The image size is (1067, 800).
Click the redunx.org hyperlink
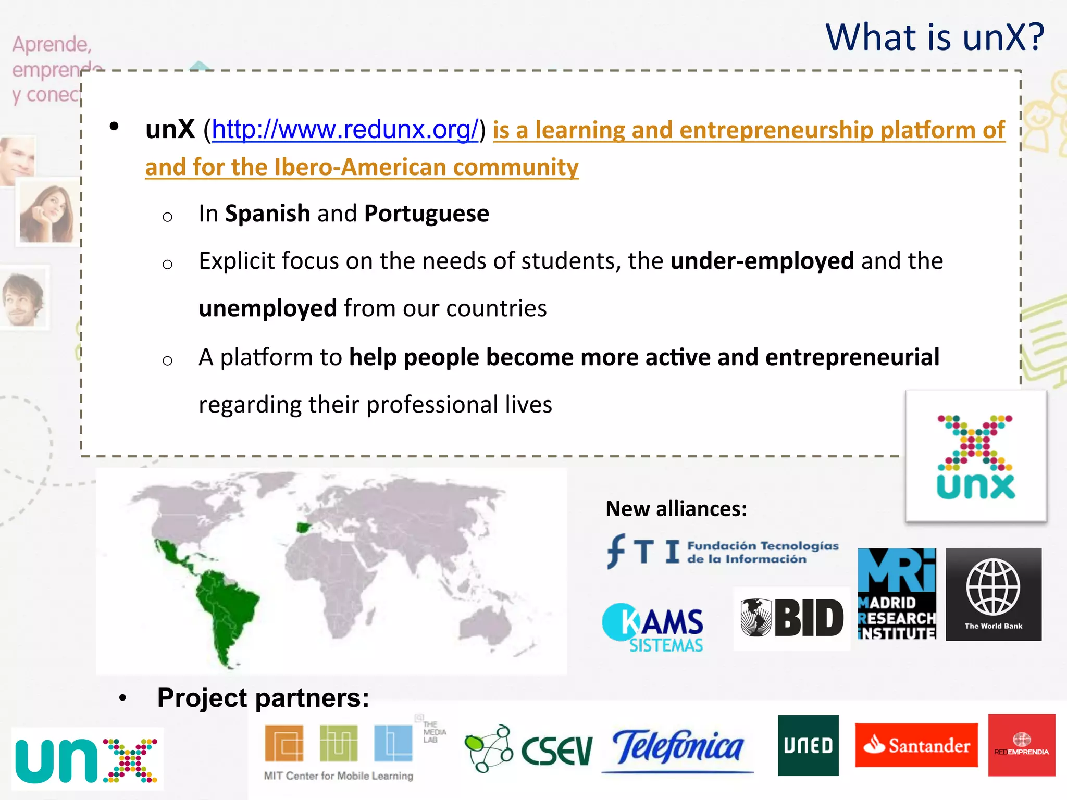(344, 130)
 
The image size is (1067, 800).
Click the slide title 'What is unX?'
(935, 37)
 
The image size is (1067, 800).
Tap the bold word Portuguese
(426, 214)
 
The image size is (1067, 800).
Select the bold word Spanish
(267, 214)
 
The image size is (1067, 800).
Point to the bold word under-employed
(762, 261)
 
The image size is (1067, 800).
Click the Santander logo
(916, 745)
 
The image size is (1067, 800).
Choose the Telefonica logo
(678, 747)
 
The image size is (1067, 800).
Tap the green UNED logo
(808, 745)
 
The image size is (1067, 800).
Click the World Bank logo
(993, 594)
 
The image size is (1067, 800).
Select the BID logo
(791, 618)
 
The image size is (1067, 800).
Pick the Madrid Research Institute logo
(897, 594)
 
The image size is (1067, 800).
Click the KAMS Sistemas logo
(653, 628)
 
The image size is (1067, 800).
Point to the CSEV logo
(528, 748)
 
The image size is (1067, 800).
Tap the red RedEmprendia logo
(1021, 745)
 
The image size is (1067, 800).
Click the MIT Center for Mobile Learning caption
(339, 776)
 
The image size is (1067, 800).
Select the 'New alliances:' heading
(676, 509)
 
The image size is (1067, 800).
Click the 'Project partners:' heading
(263, 698)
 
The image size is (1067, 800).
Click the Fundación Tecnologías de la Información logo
(723, 552)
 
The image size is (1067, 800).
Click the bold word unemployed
(268, 308)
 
